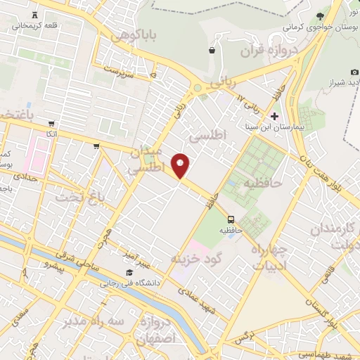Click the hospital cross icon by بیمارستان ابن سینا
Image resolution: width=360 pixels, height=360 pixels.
[274, 115]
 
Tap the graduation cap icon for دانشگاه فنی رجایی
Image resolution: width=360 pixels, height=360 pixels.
[129, 272]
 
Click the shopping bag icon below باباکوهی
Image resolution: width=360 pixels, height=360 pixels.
[212, 51]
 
